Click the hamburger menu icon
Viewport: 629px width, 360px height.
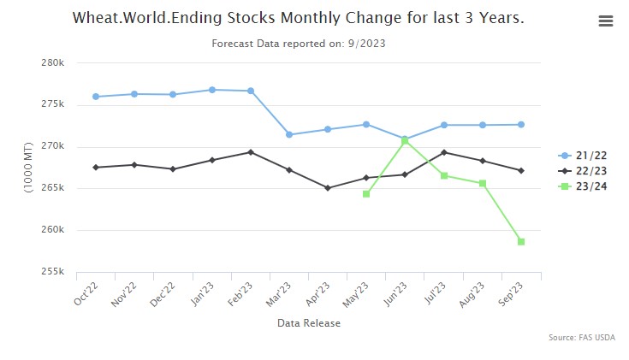[x=606, y=21]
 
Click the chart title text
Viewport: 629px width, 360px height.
[x=298, y=18]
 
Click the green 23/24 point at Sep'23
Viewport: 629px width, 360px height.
[x=520, y=242]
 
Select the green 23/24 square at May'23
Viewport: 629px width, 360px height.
[x=366, y=194]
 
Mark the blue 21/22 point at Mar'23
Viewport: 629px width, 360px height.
[x=289, y=134]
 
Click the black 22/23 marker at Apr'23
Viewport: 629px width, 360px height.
[x=328, y=188]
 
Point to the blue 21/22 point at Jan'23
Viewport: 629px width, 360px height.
[x=211, y=90]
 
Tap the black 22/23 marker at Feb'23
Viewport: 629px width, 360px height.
[x=250, y=152]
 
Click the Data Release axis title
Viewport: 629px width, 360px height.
[x=308, y=323]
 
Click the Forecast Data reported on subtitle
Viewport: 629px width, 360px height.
[x=298, y=42]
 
